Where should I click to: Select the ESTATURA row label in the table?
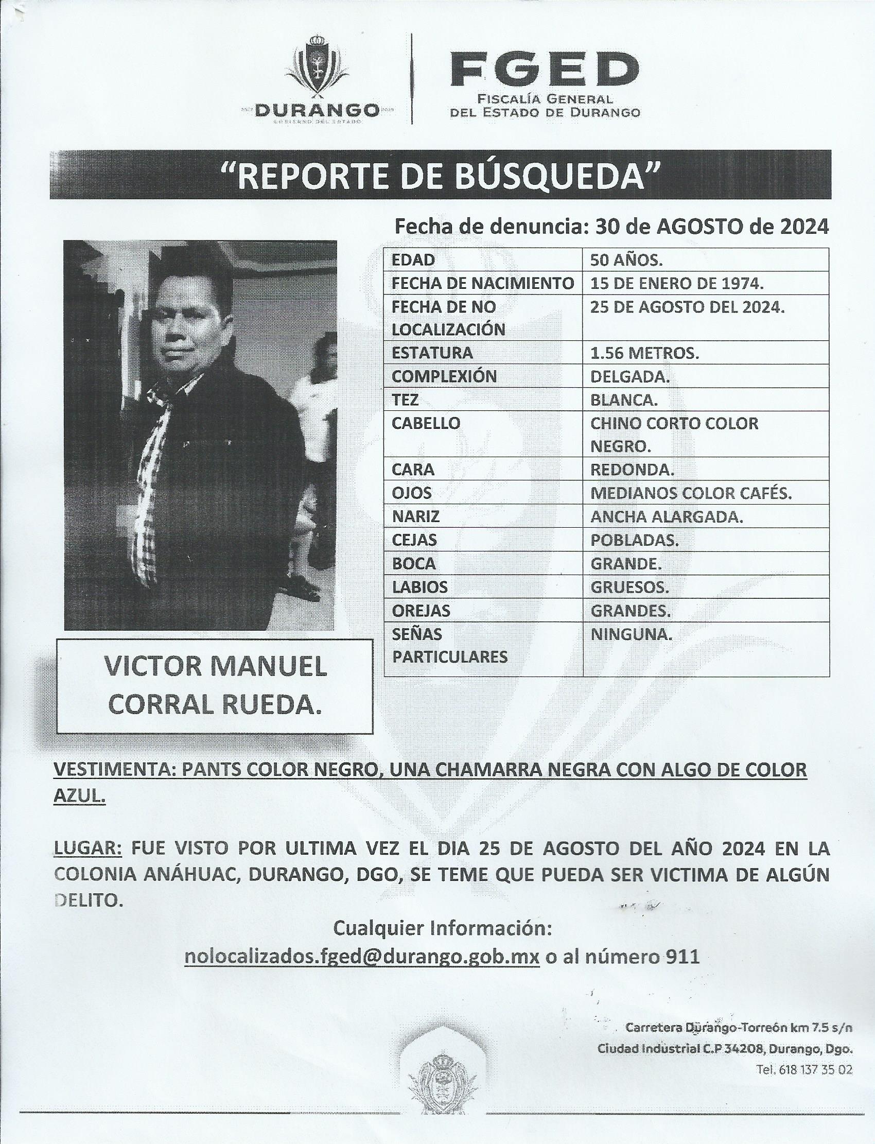[432, 353]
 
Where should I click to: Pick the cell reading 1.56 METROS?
[644, 353]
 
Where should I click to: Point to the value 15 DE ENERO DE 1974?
[676, 283]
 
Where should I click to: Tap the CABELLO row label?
[426, 423]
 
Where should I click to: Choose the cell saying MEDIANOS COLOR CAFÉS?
[691, 493]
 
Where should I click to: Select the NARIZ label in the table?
[416, 517]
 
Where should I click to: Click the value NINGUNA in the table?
[631, 634]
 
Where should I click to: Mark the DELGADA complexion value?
[629, 376]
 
